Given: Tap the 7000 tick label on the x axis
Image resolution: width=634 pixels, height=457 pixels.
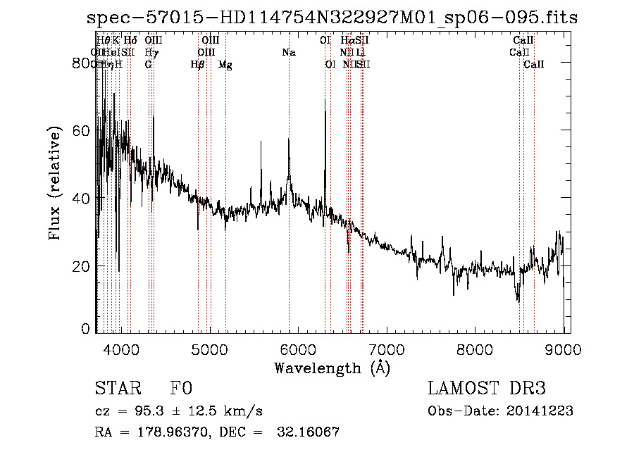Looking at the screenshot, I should point(387,349).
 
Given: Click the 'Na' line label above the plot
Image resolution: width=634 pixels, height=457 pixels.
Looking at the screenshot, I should point(288,52).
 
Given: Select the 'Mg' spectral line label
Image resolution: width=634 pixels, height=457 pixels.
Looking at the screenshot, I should point(225,65).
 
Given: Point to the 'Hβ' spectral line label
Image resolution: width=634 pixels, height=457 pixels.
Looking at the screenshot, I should point(198,65).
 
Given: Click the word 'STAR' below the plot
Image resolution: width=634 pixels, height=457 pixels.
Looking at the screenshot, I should point(118,389).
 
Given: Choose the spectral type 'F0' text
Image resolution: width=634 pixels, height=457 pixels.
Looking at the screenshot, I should point(181,389).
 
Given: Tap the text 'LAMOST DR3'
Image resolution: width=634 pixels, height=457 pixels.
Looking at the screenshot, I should point(487,389).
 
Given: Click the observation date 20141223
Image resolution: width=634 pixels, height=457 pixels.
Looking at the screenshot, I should point(542,411).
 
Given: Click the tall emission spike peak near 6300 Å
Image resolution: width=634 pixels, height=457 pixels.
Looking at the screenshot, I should point(325,99).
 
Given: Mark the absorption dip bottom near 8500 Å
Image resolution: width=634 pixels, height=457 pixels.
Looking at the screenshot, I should point(518,301).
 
